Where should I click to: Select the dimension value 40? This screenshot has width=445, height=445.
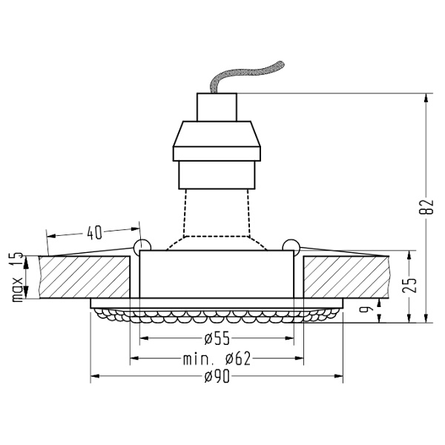[94, 232]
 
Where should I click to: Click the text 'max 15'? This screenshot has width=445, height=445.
[17, 277]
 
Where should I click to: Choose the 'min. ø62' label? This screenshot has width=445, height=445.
[217, 360]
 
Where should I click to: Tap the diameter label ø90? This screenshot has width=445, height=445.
[217, 378]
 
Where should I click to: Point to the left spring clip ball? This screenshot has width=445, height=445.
[141, 246]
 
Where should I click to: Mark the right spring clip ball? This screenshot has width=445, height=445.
[291, 246]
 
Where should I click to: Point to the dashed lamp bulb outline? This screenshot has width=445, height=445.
[217, 215]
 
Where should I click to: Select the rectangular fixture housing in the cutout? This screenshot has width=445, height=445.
[217, 274]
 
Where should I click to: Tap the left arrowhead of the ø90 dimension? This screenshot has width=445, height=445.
[94, 378]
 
